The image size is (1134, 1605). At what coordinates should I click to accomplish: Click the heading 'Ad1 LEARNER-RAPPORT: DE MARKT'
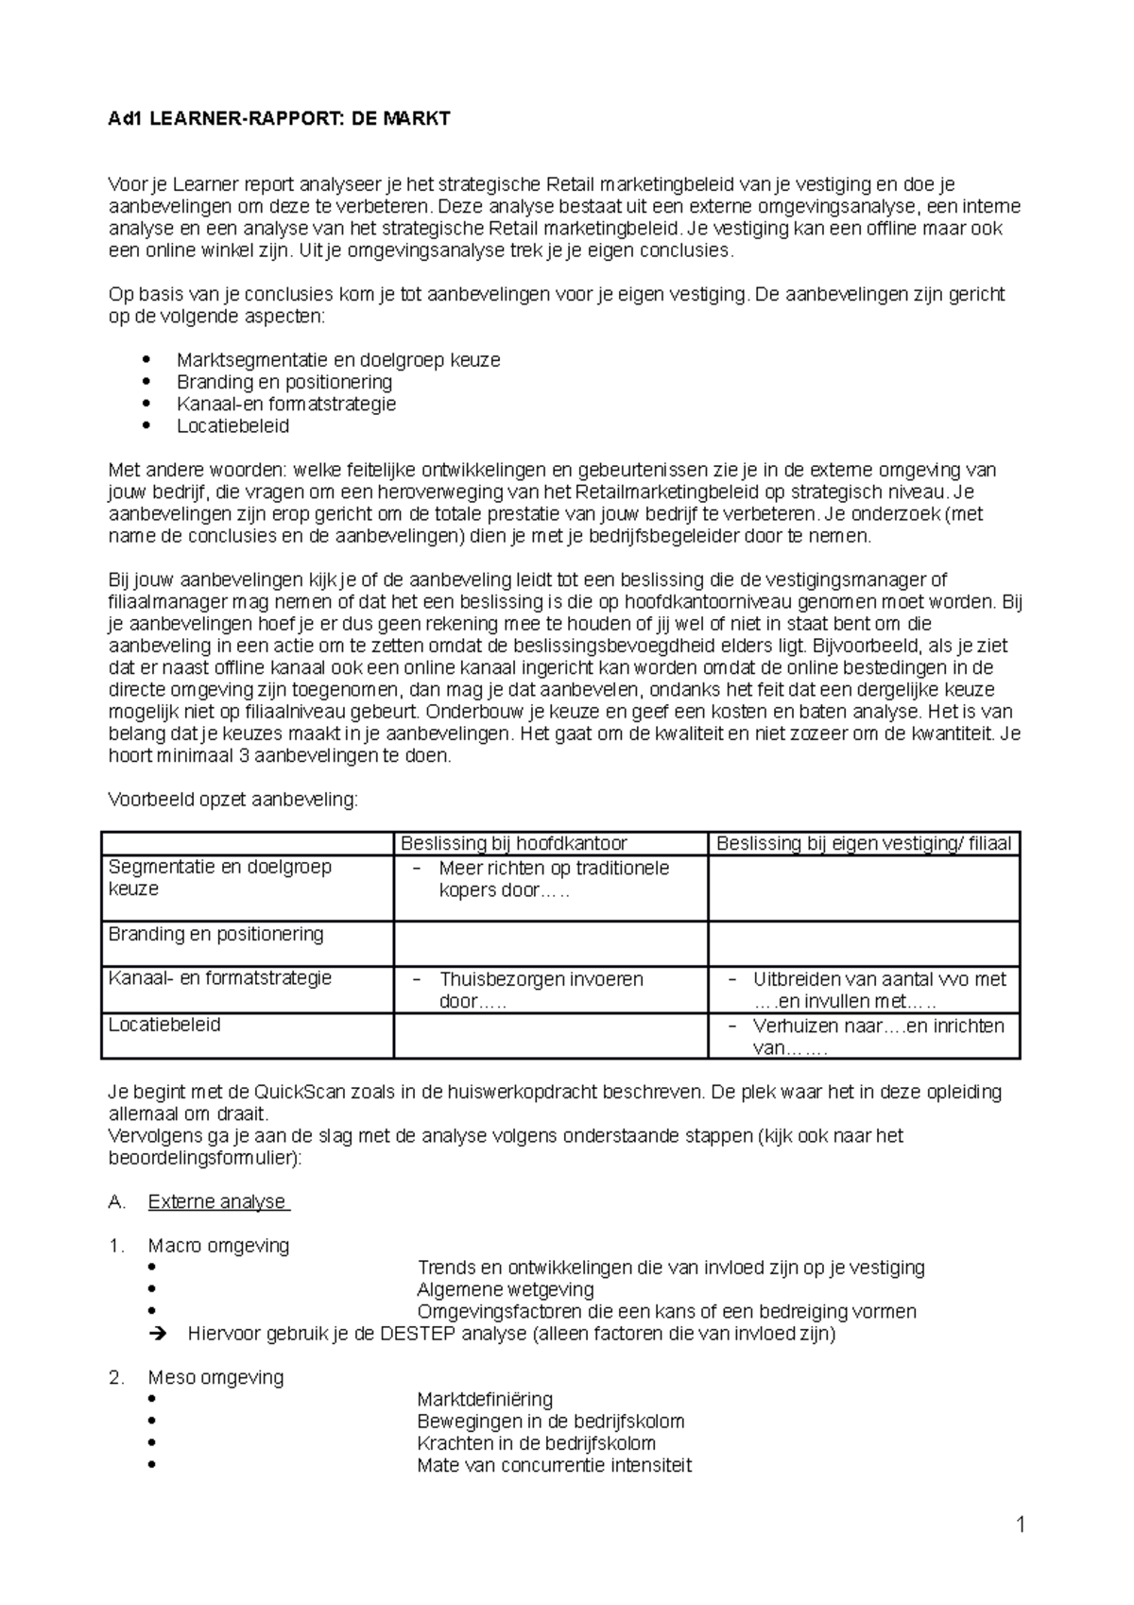pyautogui.click(x=280, y=118)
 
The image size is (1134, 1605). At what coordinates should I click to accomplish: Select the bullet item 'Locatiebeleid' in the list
pyautogui.click(x=232, y=426)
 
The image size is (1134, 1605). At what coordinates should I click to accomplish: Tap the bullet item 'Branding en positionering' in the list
pyautogui.click(x=283, y=382)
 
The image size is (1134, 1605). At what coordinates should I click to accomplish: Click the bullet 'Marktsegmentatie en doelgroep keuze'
pyautogui.click(x=338, y=360)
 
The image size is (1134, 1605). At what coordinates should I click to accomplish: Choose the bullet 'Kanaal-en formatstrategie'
pyautogui.click(x=285, y=405)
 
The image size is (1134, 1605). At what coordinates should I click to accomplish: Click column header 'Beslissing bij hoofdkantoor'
pyautogui.click(x=514, y=843)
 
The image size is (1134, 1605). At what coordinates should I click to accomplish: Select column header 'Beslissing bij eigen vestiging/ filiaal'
pyautogui.click(x=863, y=843)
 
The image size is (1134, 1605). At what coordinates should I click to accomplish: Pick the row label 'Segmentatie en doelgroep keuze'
pyautogui.click(x=219, y=878)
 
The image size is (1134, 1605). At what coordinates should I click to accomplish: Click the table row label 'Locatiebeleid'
pyautogui.click(x=164, y=1025)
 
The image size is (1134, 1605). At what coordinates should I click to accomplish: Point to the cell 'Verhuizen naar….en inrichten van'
pyautogui.click(x=877, y=1036)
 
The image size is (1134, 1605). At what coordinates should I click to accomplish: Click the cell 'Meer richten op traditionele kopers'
pyautogui.click(x=553, y=878)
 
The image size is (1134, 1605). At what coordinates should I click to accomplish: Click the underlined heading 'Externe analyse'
pyautogui.click(x=216, y=1201)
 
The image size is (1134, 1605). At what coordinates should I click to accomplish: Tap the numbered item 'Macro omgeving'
pyautogui.click(x=218, y=1246)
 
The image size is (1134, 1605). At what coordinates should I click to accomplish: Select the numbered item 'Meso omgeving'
pyautogui.click(x=215, y=1377)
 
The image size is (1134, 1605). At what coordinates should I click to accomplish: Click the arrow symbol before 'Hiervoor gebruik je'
pyautogui.click(x=157, y=1334)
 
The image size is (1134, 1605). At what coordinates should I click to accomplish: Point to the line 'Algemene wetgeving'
pyautogui.click(x=505, y=1289)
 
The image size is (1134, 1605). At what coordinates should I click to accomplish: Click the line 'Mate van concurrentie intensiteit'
pyautogui.click(x=554, y=1465)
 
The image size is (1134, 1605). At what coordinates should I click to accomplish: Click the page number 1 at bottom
pyautogui.click(x=1021, y=1524)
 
